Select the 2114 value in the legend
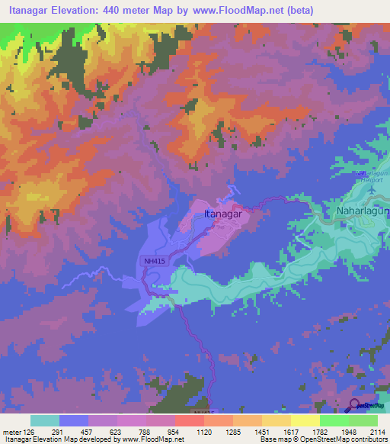click(376, 432)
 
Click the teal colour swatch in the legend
click(44, 420)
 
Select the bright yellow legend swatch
click(305, 420)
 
